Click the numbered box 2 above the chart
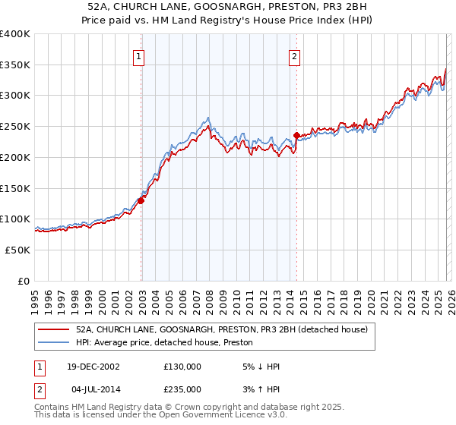[x=294, y=55]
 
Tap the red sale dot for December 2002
[x=141, y=200]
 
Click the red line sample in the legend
[x=55, y=329]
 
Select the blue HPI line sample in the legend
[x=55, y=342]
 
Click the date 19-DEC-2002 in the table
[x=94, y=367]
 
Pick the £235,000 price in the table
[x=182, y=389]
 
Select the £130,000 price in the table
[x=182, y=367]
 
